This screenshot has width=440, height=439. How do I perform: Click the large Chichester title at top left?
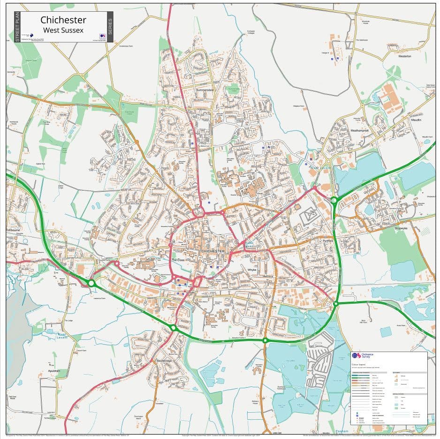coord(63,20)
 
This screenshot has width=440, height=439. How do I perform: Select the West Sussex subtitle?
coord(63,30)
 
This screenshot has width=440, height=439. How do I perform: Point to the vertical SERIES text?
coord(110,27)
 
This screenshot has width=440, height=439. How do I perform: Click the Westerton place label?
coord(404,56)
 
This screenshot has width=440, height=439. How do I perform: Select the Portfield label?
coord(327,241)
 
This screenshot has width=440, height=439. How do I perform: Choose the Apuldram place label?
coord(54,371)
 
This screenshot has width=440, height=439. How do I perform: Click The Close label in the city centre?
coord(178,260)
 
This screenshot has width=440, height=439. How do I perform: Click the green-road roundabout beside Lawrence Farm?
coord(91,283)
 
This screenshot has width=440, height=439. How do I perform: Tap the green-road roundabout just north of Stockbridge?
coord(174,328)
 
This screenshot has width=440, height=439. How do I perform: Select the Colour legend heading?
coord(359,365)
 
